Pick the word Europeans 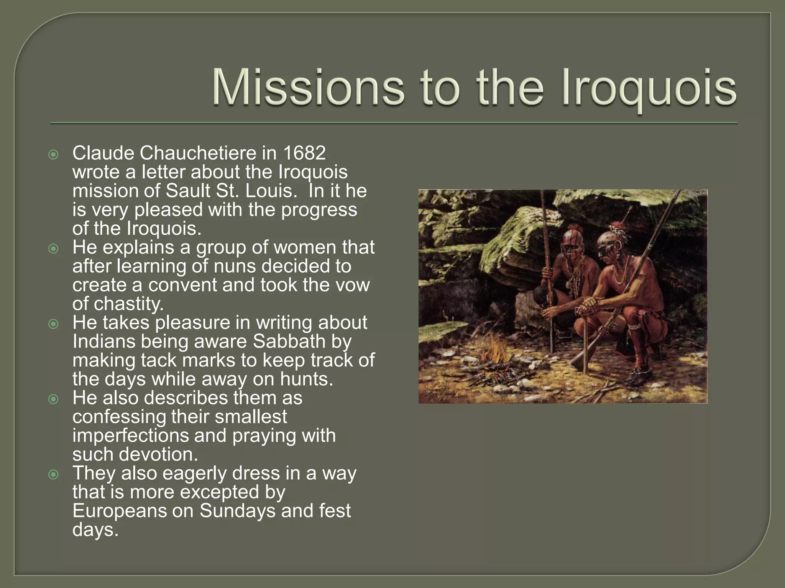(x=120, y=511)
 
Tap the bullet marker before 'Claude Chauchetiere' (x=54, y=155)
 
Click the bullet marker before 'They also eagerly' (x=54, y=475)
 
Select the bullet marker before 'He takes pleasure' (x=54, y=324)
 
